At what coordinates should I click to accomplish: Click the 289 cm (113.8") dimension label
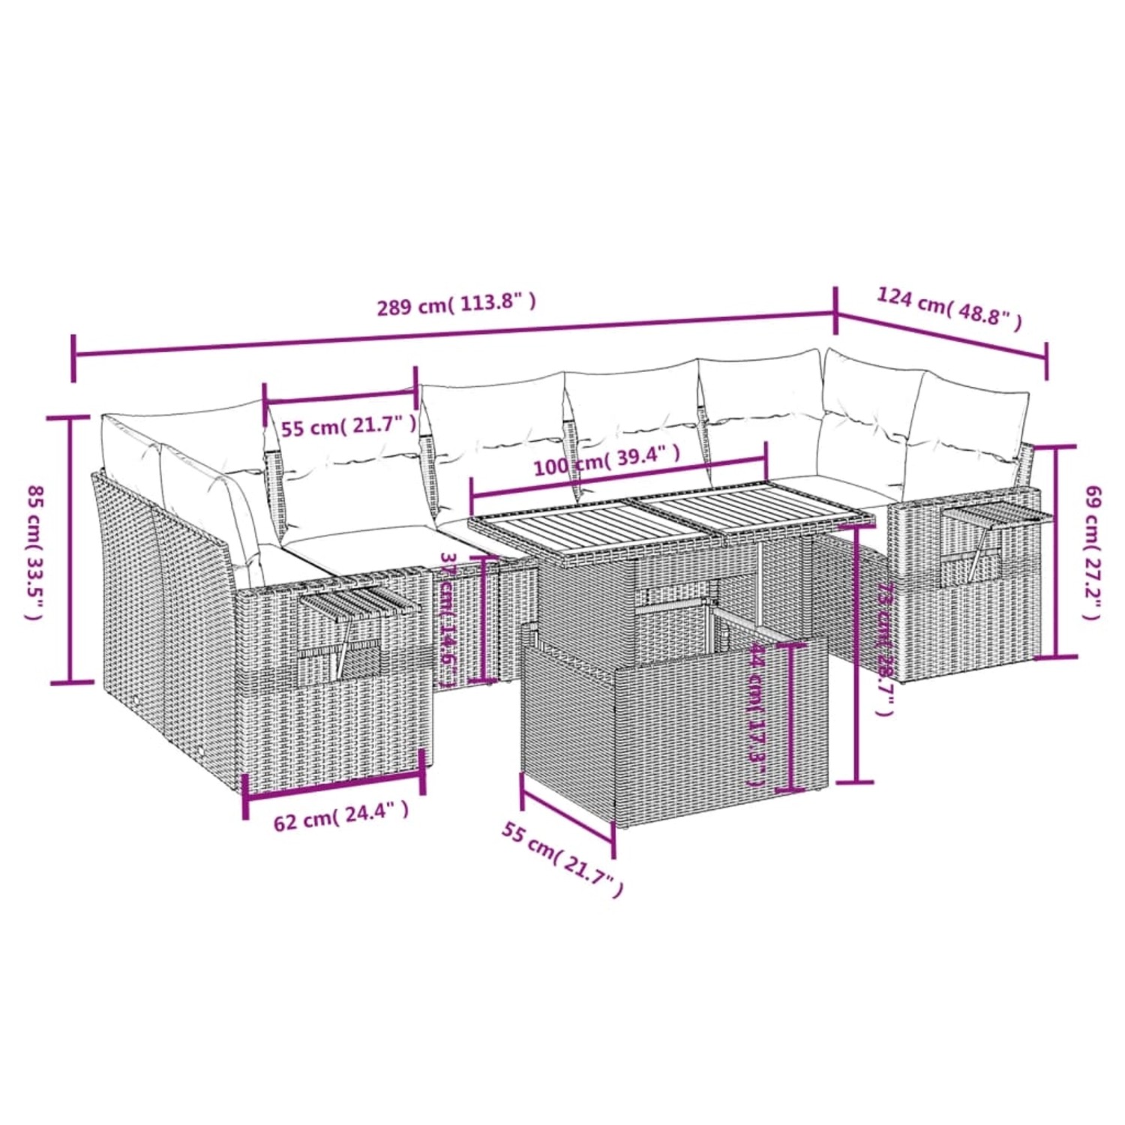pyautogui.click(x=456, y=304)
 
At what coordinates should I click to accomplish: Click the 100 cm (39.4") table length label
pyautogui.click(x=607, y=460)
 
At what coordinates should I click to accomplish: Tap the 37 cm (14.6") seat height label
pyautogui.click(x=448, y=619)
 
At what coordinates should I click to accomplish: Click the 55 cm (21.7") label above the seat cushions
pyautogui.click(x=349, y=427)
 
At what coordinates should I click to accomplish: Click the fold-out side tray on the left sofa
pyautogui.click(x=352, y=600)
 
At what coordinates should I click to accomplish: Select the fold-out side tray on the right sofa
pyautogui.click(x=990, y=517)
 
